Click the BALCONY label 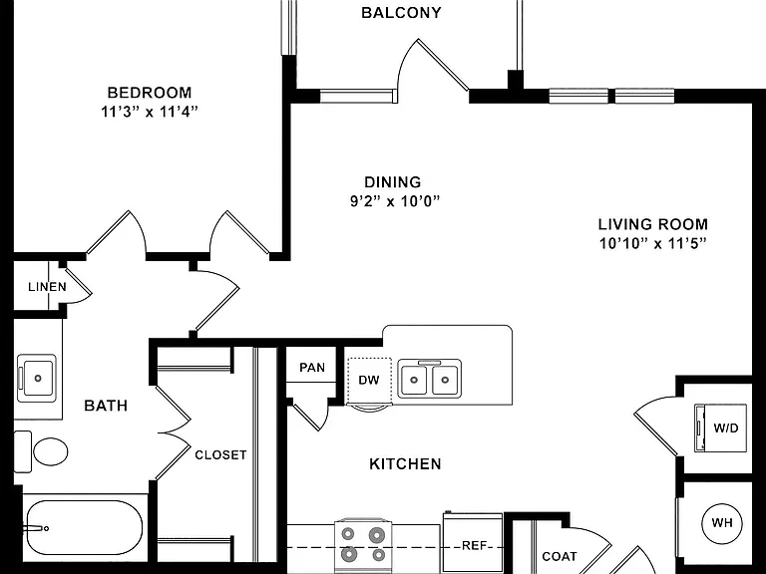pos(401,13)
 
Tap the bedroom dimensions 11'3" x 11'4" pos(150,112)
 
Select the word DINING pos(393,182)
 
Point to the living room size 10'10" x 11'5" pos(653,243)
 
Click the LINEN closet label pos(48,287)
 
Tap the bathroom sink pos(37,379)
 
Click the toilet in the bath pos(41,451)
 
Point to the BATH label pos(106,406)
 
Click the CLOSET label pos(220,454)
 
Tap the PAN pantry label pos(312,367)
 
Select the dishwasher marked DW pos(369,382)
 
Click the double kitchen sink pos(430,379)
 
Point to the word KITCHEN pos(405,463)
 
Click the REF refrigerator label pos(474,545)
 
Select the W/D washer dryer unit pos(721,429)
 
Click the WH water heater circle pos(722,523)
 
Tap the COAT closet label pos(560,556)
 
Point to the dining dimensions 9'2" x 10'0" pos(395,201)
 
